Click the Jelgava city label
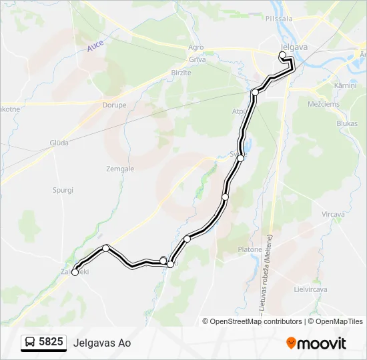coord(294,47)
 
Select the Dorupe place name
coord(114,105)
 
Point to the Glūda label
coord(59,142)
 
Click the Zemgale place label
coord(120,169)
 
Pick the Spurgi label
coord(63,190)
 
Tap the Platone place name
coord(250,249)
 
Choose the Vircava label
coord(333,214)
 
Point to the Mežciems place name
coord(324,104)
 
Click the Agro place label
coord(196,48)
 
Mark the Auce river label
coord(96,46)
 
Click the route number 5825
coord(51,342)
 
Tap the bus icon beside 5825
coord(30,343)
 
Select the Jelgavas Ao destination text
coord(102,343)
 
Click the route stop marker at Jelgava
coord(282,55)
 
